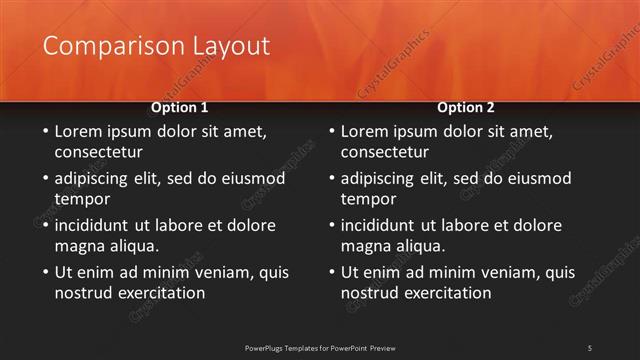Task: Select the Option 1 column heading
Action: pos(179,107)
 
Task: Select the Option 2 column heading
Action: pos(466,107)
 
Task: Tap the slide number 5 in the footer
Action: pos(589,347)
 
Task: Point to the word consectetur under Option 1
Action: pos(98,152)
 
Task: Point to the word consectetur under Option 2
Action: pos(384,152)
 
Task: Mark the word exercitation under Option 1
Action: pos(158,292)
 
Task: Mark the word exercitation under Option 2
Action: pos(444,292)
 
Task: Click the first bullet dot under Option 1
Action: pos(45,132)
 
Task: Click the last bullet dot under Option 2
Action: pos(331,272)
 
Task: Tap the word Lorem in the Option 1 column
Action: pos(78,131)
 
